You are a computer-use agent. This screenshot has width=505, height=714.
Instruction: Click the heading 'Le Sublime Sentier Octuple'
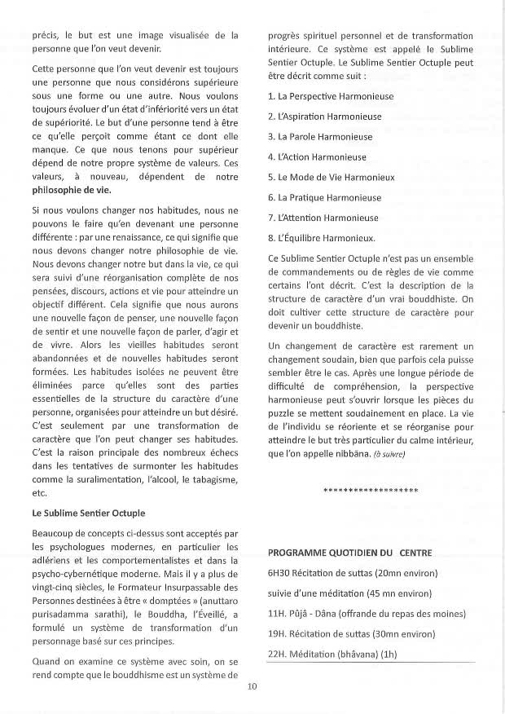pos(89,513)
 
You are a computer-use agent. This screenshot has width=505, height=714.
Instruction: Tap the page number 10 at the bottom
pos(252,686)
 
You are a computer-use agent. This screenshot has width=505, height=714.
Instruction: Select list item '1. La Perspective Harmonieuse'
pos(318,96)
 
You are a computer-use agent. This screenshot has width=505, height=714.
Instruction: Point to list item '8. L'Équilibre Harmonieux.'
pos(321,238)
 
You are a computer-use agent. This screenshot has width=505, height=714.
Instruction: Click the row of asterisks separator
pos(371,491)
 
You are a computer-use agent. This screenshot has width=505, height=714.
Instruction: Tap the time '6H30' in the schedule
pos(279,573)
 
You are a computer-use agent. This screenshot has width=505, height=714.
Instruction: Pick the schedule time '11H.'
pos(277,614)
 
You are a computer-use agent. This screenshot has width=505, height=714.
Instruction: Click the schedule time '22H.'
pos(277,654)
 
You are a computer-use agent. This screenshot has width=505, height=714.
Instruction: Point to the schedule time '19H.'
pos(277,634)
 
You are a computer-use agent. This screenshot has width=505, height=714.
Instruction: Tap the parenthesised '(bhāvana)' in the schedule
pos(350,654)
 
